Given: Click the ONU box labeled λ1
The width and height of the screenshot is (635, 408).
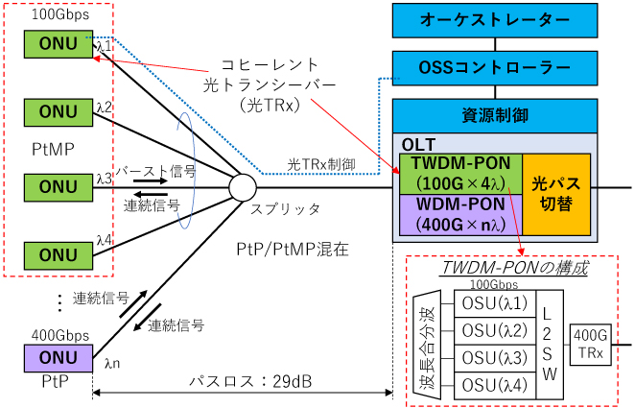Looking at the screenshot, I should pos(59,43).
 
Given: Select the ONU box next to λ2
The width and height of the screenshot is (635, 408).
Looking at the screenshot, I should pos(59,112).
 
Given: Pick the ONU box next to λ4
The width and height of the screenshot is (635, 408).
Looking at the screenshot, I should pos(59,254).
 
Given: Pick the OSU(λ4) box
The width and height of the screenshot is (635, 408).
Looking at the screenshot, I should pos(492,384).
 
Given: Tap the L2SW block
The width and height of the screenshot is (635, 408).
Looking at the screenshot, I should pos(546,345).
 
